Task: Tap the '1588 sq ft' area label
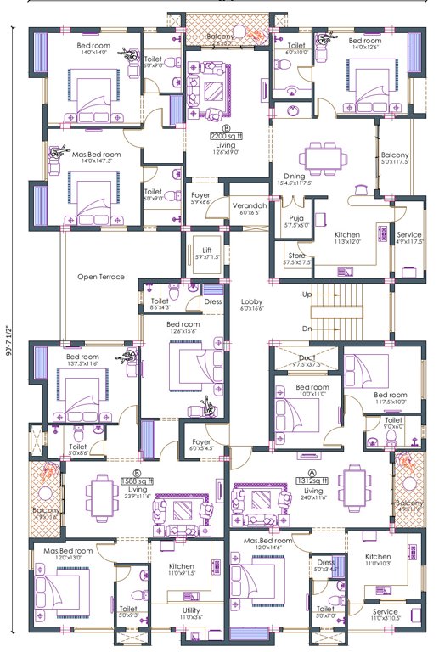click(x=135, y=481)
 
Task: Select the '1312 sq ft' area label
click(x=313, y=481)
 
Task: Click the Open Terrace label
click(x=101, y=278)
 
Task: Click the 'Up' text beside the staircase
click(x=307, y=294)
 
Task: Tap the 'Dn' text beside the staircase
click(x=307, y=329)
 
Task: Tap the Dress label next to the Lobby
click(x=213, y=301)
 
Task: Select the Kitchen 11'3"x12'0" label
click(x=349, y=236)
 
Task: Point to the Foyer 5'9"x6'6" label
click(x=200, y=199)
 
